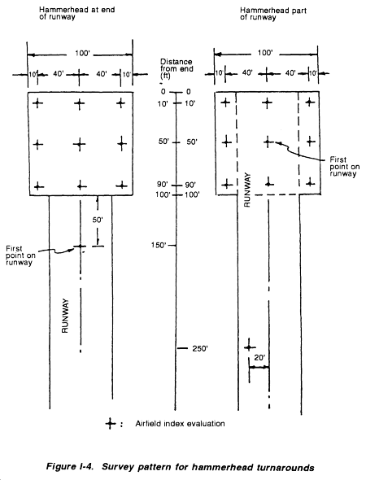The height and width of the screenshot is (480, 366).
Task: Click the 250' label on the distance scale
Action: coord(200,349)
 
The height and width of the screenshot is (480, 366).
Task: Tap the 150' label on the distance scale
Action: coord(159,245)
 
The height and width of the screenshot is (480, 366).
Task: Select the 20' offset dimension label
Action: coord(259,357)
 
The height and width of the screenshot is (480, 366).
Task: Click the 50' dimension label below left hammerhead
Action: coord(98,220)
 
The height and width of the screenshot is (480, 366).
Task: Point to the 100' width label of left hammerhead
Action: coord(82,54)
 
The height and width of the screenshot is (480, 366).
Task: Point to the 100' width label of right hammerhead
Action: coord(264,53)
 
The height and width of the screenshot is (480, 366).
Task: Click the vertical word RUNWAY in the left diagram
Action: coord(65,316)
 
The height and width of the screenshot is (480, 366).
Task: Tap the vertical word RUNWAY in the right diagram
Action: coord(247,190)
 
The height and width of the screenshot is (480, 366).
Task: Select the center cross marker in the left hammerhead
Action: coord(80,144)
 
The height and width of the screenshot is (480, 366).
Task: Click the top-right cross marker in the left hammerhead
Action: coord(121,103)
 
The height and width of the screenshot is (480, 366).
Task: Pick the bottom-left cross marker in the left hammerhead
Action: coord(38,185)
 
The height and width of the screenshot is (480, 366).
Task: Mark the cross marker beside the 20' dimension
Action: coord(250,347)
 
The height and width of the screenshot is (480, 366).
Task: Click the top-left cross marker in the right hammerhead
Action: coord(225,103)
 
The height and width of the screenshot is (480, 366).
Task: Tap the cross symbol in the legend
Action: coord(111,424)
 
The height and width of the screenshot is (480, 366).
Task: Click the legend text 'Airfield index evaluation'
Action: coord(181,424)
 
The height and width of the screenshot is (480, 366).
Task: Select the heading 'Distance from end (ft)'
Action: coord(176,68)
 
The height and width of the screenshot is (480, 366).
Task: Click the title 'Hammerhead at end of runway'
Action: coord(76,13)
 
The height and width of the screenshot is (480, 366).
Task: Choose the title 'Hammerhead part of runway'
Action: coord(273,14)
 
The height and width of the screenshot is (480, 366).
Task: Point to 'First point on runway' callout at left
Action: coord(20,255)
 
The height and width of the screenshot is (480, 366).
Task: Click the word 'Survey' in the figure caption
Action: coord(115,468)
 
